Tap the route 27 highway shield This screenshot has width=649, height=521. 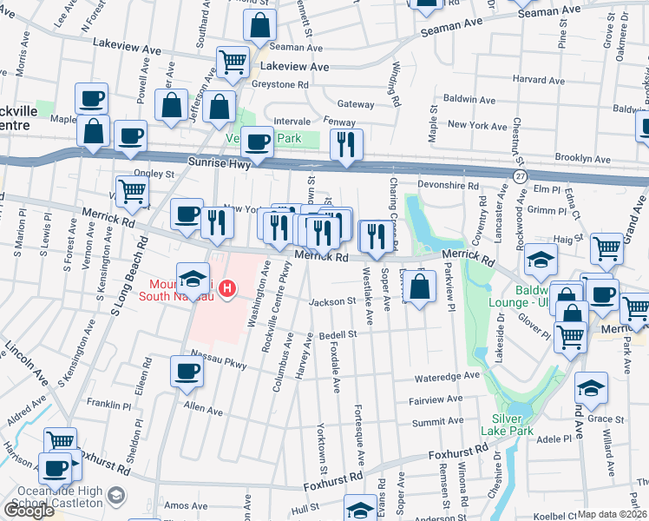(x=520, y=175)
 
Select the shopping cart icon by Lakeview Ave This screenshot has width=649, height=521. (x=233, y=61)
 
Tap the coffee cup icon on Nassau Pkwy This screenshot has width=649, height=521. (x=187, y=371)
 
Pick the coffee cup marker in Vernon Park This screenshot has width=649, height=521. (x=256, y=141)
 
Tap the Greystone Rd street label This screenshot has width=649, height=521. (x=280, y=85)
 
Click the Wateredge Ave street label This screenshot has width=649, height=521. (x=446, y=377)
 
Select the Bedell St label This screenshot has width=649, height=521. (x=338, y=334)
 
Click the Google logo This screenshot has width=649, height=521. (x=29, y=511)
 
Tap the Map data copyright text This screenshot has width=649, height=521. (x=613, y=514)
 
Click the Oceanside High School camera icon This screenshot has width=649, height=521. (x=116, y=497)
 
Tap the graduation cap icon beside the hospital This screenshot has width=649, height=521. (x=193, y=278)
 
